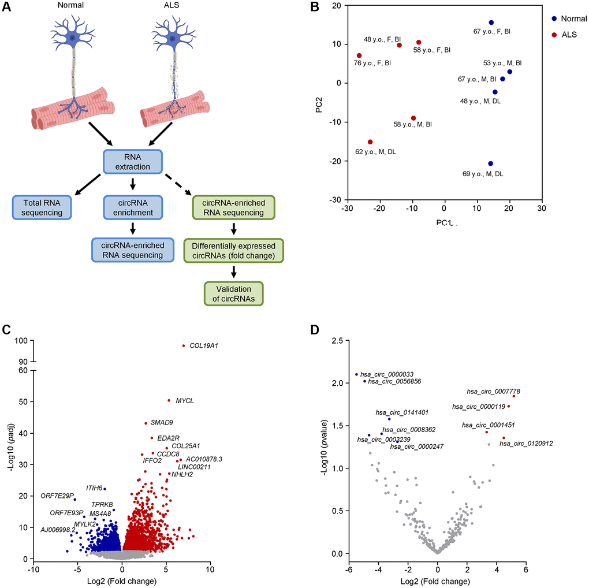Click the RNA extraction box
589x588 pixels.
coord(133,161)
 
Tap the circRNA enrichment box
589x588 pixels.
coord(133,209)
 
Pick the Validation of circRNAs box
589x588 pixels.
coord(233,293)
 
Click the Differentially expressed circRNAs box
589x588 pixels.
coord(233,251)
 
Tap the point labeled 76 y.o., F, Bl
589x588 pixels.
coord(359,55)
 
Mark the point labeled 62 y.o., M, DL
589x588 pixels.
coord(370,142)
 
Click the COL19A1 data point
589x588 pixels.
coord(183,345)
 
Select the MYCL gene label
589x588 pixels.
coord(185,400)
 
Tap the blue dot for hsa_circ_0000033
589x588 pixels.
coord(356,374)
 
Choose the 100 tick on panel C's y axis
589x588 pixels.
coord(25,341)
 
